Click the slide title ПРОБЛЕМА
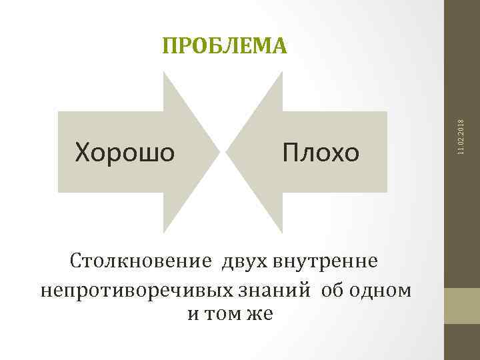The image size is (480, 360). tap(225, 45)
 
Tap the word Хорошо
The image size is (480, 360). tap(125, 153)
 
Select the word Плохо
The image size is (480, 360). tap(320, 153)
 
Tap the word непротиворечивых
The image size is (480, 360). tap(137, 291)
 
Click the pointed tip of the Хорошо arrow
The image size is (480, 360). tap(221, 152)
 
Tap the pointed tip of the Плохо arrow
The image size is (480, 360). tap(226, 152)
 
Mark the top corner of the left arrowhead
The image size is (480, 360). tap(165, 72)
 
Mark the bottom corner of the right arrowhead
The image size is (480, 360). tap(283, 233)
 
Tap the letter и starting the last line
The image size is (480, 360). tap(192, 313)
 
